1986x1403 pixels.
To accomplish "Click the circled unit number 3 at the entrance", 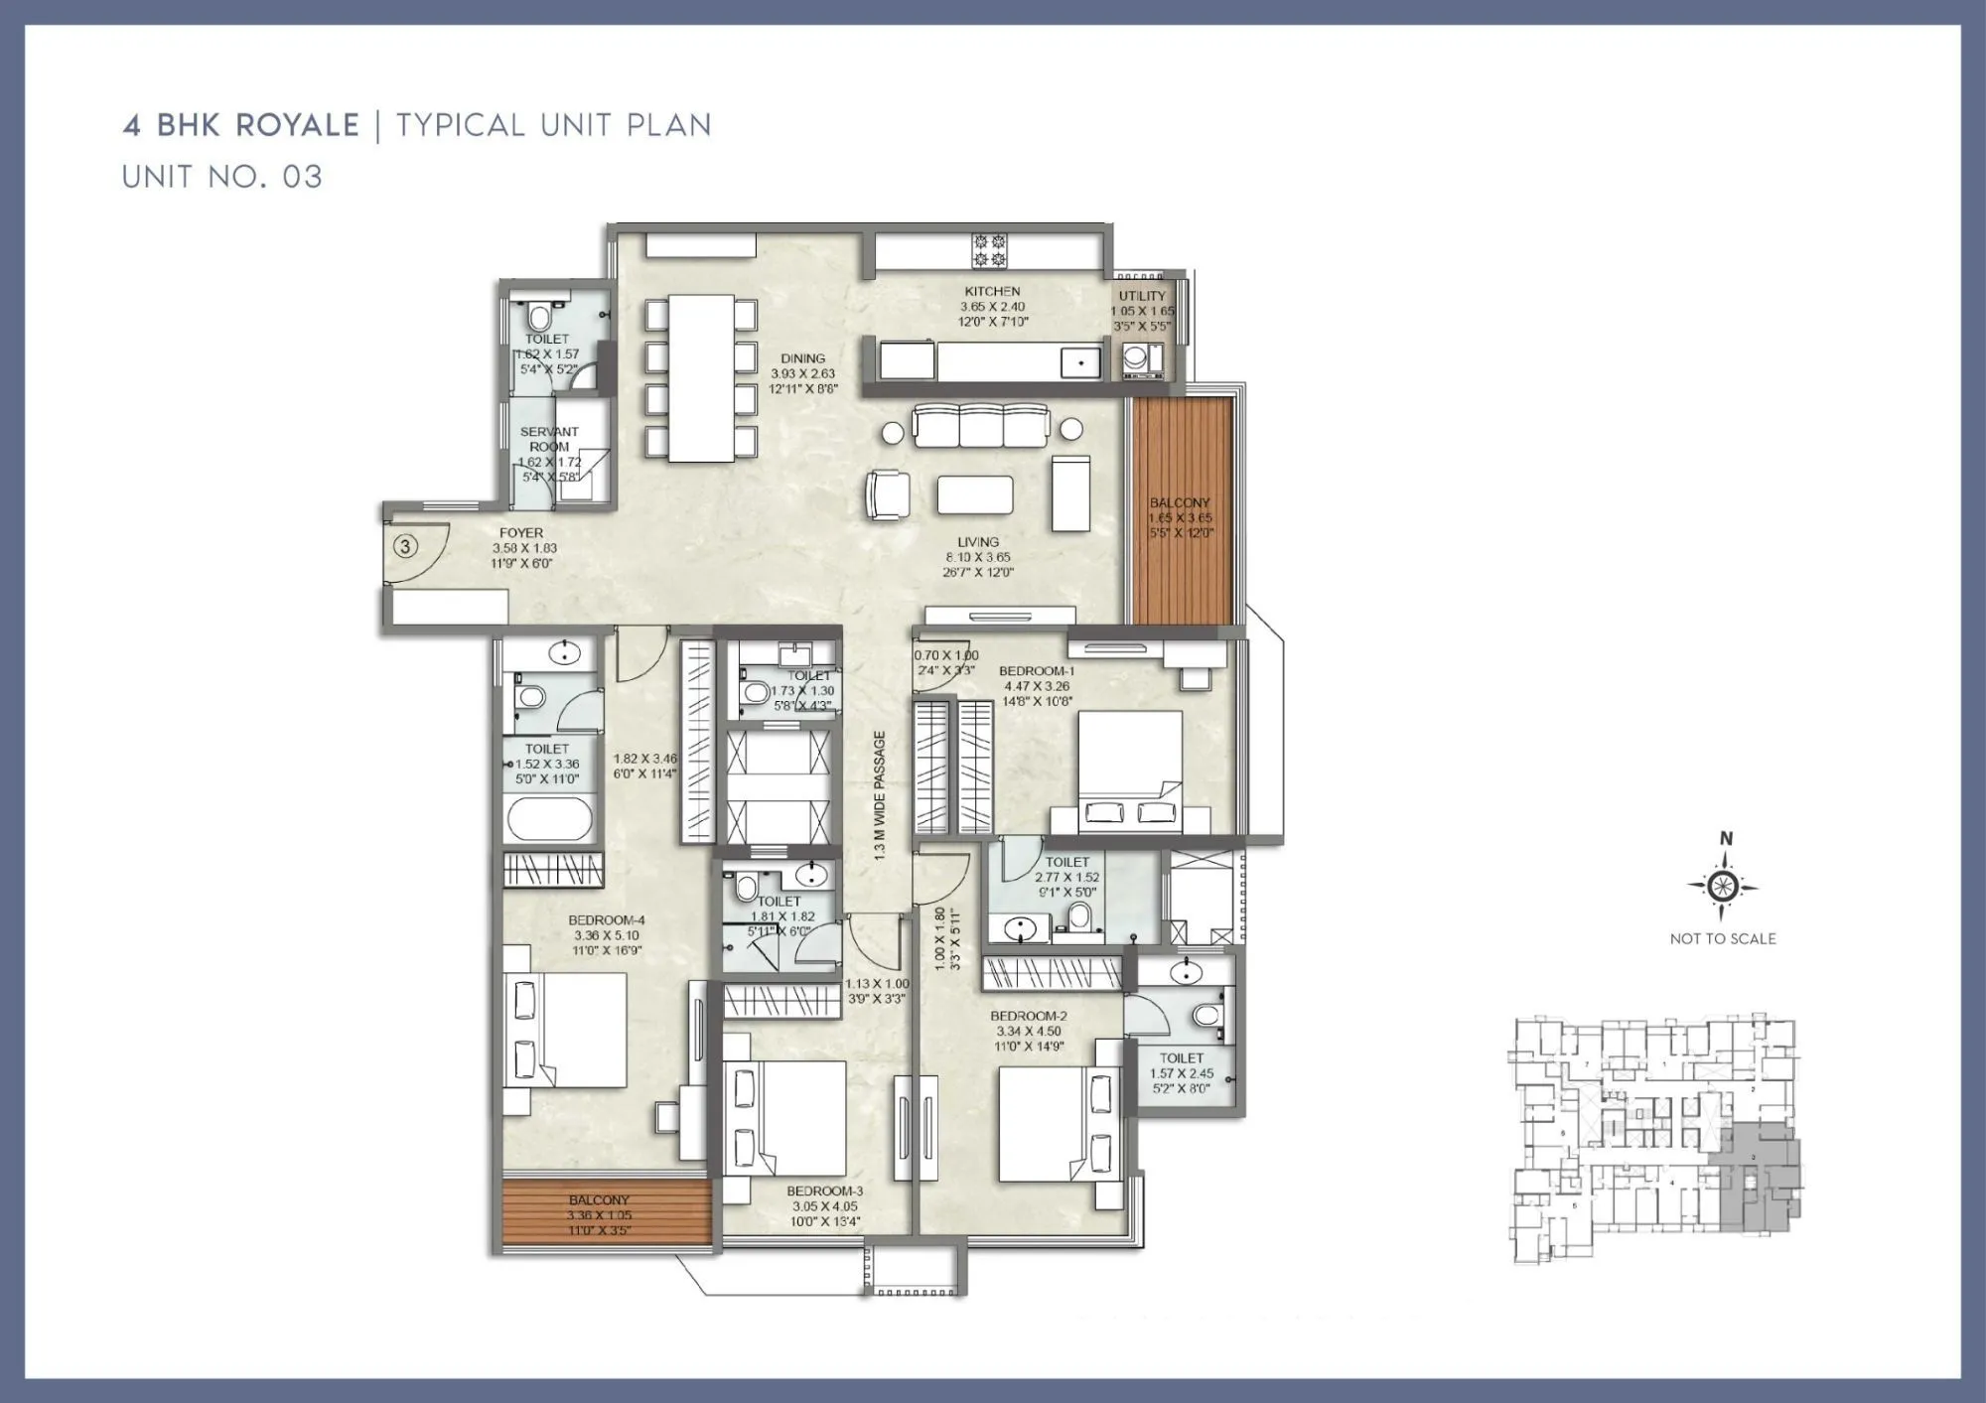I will [x=405, y=546].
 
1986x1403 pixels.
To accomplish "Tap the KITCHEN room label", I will [x=992, y=291].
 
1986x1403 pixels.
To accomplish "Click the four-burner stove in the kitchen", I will [x=989, y=250].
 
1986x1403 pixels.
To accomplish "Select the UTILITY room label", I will [x=1142, y=296].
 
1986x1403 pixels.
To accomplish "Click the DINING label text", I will [x=802, y=358].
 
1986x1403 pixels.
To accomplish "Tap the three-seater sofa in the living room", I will [x=981, y=427].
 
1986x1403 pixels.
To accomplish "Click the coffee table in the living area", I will [x=975, y=494].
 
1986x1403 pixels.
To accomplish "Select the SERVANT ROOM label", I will [x=549, y=439].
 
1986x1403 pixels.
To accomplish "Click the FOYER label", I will [x=521, y=533].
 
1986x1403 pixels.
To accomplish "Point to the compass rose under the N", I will [x=1723, y=886].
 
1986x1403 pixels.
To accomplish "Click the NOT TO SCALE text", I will [x=1723, y=938].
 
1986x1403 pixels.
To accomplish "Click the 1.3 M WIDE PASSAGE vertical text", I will [x=880, y=794].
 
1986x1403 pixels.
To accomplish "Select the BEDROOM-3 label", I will [x=824, y=1191].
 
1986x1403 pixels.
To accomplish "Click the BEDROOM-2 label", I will [x=1029, y=1016].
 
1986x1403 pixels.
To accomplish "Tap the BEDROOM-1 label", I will [x=1037, y=671].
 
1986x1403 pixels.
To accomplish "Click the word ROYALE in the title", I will [x=298, y=125].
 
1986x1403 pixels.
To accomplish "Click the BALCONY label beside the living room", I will [x=1180, y=502].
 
